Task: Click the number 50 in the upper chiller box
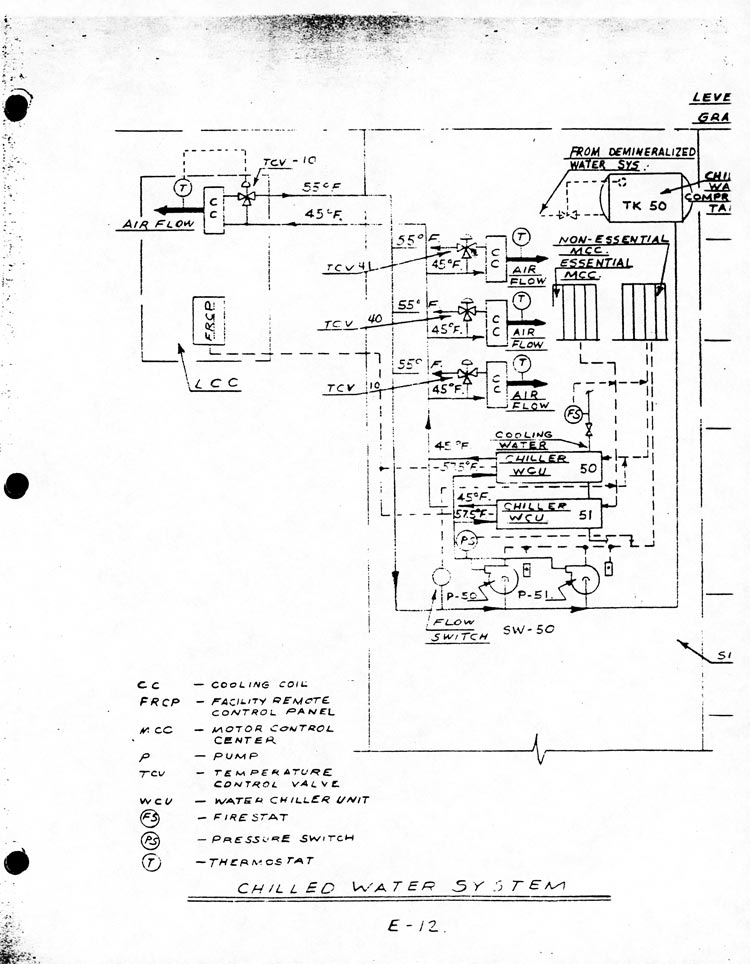pos(588,467)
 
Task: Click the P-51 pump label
pos(533,596)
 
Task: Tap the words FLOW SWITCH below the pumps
pos(458,628)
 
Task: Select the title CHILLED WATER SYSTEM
pos(400,886)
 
